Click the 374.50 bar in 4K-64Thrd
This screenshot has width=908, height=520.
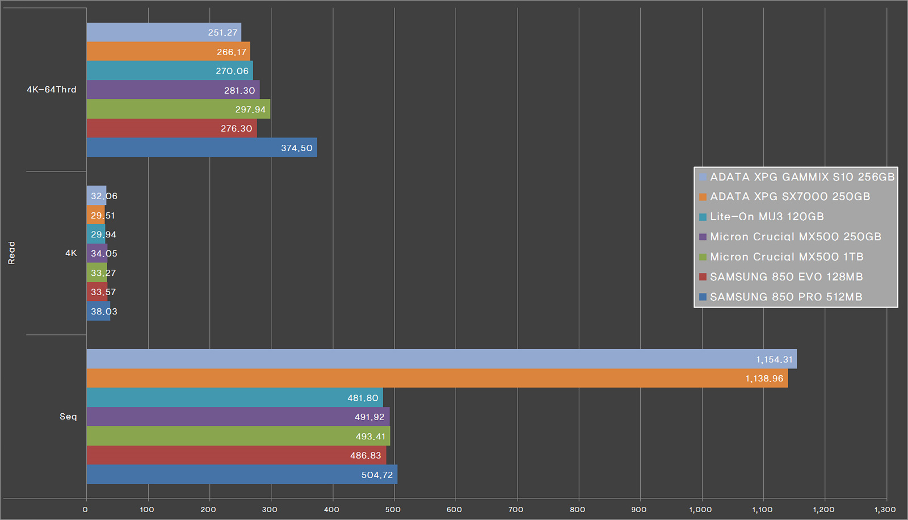point(201,148)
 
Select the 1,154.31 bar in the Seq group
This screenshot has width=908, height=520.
point(441,359)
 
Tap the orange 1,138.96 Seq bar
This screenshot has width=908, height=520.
point(436,378)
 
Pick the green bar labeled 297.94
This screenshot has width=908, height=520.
point(178,109)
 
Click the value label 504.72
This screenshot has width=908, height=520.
point(377,475)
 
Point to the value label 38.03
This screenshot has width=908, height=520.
point(104,312)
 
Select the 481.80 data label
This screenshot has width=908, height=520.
point(363,398)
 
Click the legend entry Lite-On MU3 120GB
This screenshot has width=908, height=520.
point(767,216)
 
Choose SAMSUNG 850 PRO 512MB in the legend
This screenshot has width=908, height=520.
point(786,297)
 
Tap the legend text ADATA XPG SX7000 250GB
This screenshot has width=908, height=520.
point(790,196)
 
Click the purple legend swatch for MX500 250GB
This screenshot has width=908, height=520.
point(703,237)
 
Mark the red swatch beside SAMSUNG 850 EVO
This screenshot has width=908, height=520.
point(703,277)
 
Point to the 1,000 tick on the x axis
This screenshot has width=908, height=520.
point(700,509)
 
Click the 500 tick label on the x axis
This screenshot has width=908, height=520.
point(393,509)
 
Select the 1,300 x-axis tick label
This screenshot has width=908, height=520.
point(885,509)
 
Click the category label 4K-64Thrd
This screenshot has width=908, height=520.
point(52,90)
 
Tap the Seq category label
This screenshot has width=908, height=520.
point(68,417)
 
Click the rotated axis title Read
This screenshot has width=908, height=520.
point(11,253)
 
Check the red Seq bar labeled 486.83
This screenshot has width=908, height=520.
point(236,455)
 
